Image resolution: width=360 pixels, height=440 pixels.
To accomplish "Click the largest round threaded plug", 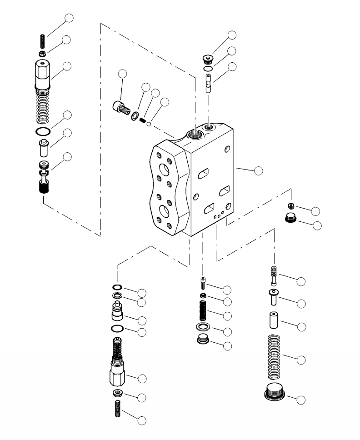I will point(275,391).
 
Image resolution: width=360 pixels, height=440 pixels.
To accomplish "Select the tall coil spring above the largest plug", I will point(274,357).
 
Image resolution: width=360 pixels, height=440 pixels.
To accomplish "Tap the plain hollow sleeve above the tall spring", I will point(274,320).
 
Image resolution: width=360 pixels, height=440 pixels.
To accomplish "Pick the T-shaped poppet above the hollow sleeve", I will point(273,296).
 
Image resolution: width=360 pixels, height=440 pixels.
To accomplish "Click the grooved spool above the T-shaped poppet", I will point(274,275).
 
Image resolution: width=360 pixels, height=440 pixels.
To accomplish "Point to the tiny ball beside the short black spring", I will point(148,124).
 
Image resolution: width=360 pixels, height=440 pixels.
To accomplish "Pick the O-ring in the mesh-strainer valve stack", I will point(42,131).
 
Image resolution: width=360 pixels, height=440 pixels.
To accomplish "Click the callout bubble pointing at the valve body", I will point(258,171).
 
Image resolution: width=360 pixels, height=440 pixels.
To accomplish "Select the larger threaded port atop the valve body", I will point(194,133).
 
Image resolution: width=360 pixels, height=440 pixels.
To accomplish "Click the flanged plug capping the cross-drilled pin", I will point(208,59).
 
